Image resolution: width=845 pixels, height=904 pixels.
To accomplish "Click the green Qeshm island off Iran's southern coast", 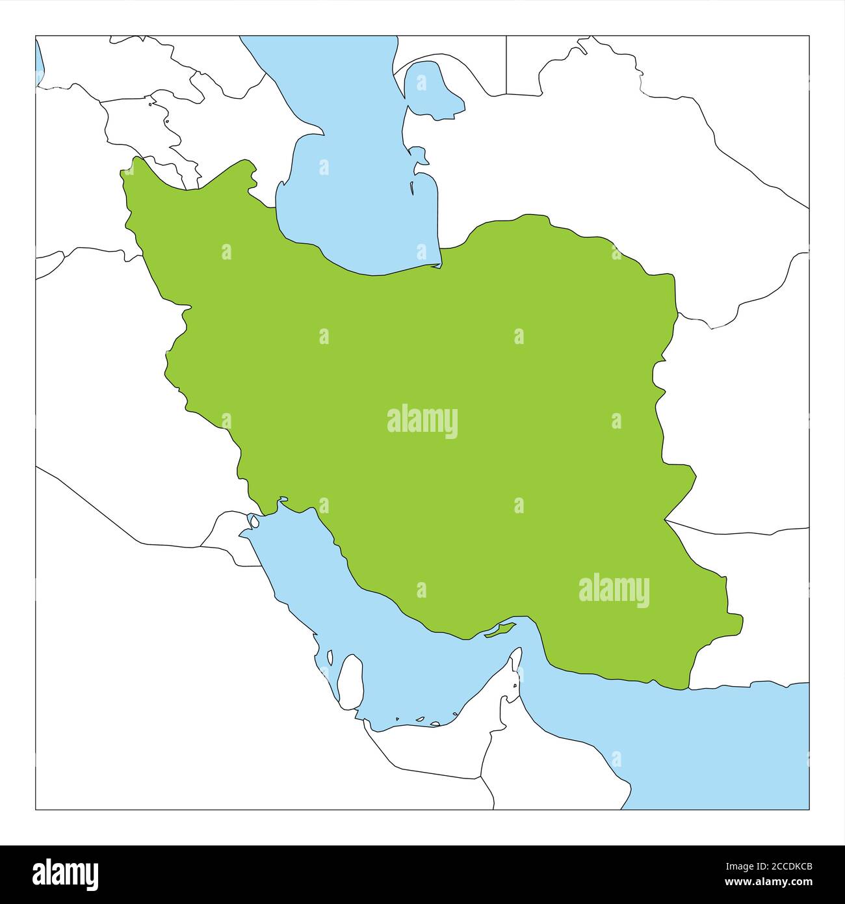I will click(x=500, y=630).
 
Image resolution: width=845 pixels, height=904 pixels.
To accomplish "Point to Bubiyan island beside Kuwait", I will click(x=255, y=521).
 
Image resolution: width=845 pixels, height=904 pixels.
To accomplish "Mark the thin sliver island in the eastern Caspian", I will click(x=412, y=188).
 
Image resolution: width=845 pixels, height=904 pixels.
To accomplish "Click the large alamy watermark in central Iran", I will click(x=422, y=421).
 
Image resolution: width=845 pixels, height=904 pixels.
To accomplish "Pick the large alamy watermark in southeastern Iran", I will click(x=614, y=590).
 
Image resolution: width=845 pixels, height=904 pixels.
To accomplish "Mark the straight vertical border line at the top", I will click(x=506, y=65).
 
